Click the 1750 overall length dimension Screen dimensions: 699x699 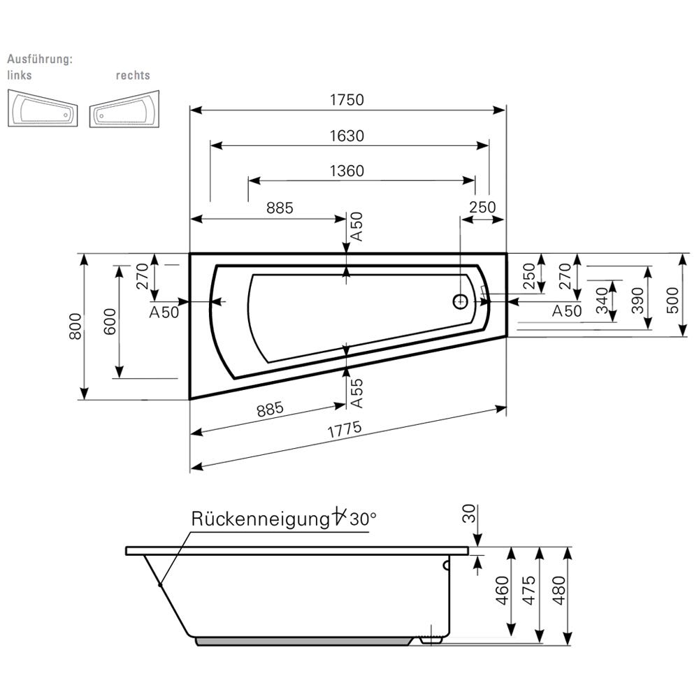pos(347,100)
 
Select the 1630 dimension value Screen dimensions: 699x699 pos(347,136)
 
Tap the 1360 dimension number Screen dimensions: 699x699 pos(347,171)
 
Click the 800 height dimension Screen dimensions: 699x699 pos(77,326)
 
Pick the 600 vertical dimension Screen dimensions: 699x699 pos(110,322)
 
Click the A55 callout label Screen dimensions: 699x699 pos(356,393)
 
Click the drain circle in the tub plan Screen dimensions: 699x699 pos(461,301)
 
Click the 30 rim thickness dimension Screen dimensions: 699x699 pos(470,514)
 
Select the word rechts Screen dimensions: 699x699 pos(133,75)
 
